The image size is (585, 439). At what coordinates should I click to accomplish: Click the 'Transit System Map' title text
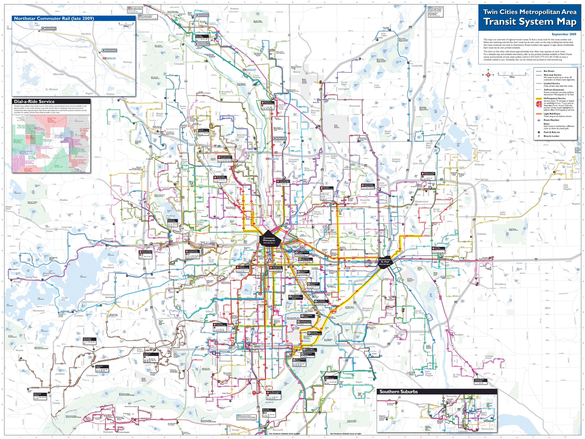(530, 22)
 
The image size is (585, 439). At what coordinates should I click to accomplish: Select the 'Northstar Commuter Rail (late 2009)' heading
(54, 19)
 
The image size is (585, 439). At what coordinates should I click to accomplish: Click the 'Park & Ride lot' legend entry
(551, 132)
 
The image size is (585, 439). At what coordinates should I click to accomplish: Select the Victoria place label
(19, 350)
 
